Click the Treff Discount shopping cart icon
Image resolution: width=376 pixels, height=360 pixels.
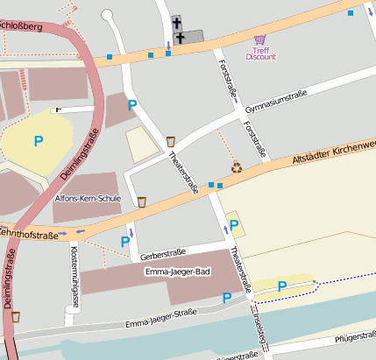pos(260,39)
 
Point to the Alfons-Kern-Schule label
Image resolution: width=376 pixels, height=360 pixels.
pos(87,199)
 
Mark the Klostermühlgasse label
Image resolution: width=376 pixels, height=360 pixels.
pos(73,272)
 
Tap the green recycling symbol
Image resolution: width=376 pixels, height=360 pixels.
pos(236,166)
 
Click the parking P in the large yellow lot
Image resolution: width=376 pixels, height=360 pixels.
pos(38,140)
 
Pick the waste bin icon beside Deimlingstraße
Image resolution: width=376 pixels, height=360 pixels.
pos(15,316)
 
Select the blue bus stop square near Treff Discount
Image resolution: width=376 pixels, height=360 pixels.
pos(351,13)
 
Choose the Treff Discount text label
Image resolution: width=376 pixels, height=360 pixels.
pos(260,53)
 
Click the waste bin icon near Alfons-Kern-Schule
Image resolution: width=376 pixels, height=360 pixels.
pos(141,201)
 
